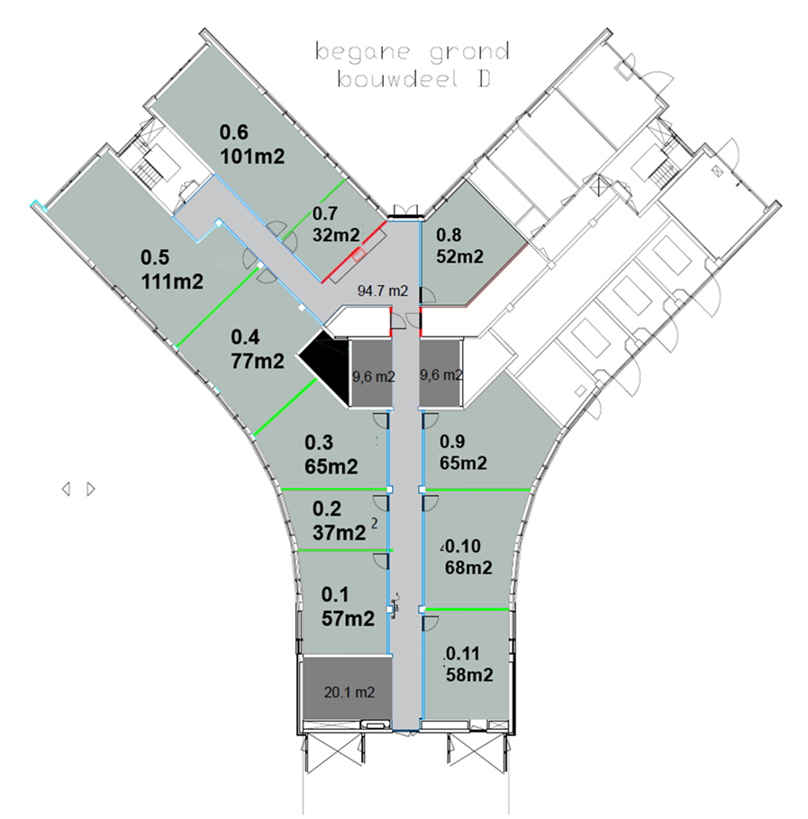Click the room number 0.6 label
coord(233,132)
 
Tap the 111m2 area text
coord(172,282)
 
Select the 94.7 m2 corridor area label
coord(383,291)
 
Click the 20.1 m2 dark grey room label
coord(350,693)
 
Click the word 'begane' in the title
coord(363,51)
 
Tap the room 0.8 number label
coord(449,235)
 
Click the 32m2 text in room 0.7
coord(336,235)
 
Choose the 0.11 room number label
coord(462,653)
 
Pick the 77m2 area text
coord(258,361)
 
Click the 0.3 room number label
coord(319,443)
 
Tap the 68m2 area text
coord(468,568)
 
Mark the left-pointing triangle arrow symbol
coord(66,490)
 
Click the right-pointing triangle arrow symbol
coord(91,490)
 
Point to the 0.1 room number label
coord(335,594)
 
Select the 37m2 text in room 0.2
coord(339,533)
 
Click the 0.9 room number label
coord(452,442)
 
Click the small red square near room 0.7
coord(359,255)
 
